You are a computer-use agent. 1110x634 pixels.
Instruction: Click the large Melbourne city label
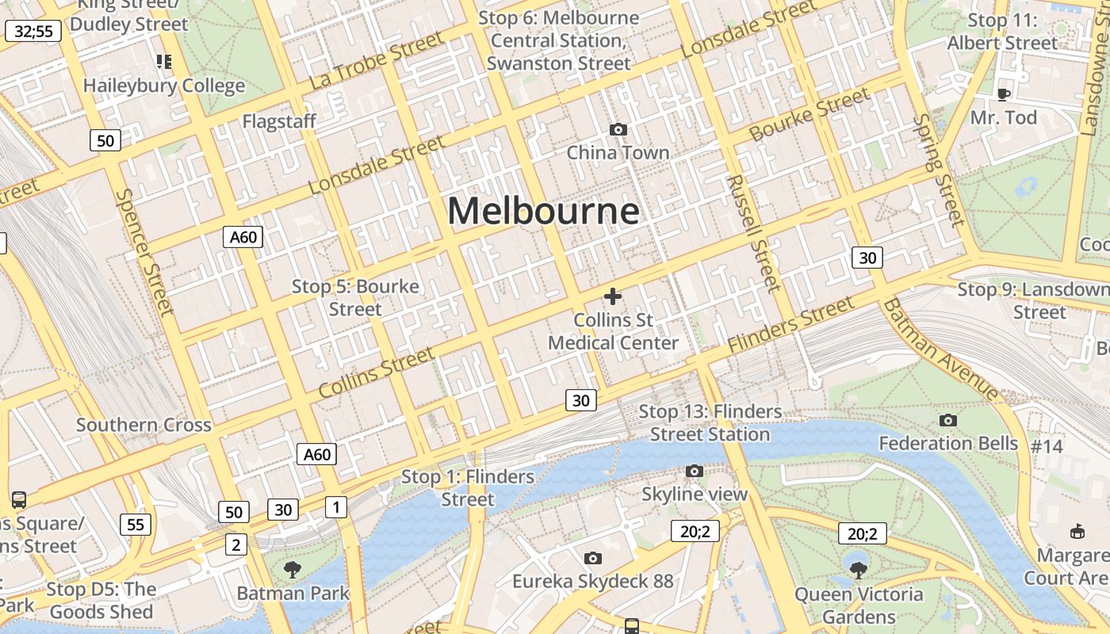coord(543,212)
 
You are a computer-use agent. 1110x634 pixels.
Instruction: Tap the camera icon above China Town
coord(618,129)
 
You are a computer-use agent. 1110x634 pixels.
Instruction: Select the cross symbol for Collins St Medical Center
coord(612,296)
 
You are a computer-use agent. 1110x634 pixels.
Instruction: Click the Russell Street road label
coord(753,234)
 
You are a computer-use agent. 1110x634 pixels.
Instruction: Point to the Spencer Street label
coord(144,252)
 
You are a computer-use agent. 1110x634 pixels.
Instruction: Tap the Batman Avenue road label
coord(941,349)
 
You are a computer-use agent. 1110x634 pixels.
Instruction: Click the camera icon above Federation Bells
coord(947,420)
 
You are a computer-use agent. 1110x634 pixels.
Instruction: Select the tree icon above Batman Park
coord(293,568)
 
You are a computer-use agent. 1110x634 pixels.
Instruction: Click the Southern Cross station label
coord(144,425)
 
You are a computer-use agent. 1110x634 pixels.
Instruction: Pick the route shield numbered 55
coord(136,524)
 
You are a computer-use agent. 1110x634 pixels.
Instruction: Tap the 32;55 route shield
coord(33,32)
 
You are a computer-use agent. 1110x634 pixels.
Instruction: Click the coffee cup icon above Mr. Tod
coord(1003,95)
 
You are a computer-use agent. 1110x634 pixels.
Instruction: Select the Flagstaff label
coord(279,121)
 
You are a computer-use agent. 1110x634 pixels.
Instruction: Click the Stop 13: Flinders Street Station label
coord(710,422)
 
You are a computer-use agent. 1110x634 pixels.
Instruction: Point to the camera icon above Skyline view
coord(695,472)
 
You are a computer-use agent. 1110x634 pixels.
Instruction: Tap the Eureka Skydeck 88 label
coord(592,581)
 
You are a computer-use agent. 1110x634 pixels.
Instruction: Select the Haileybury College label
coord(164,86)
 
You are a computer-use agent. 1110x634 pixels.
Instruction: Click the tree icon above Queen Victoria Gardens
coord(858,569)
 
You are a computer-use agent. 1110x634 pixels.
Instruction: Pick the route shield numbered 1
coord(336,507)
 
